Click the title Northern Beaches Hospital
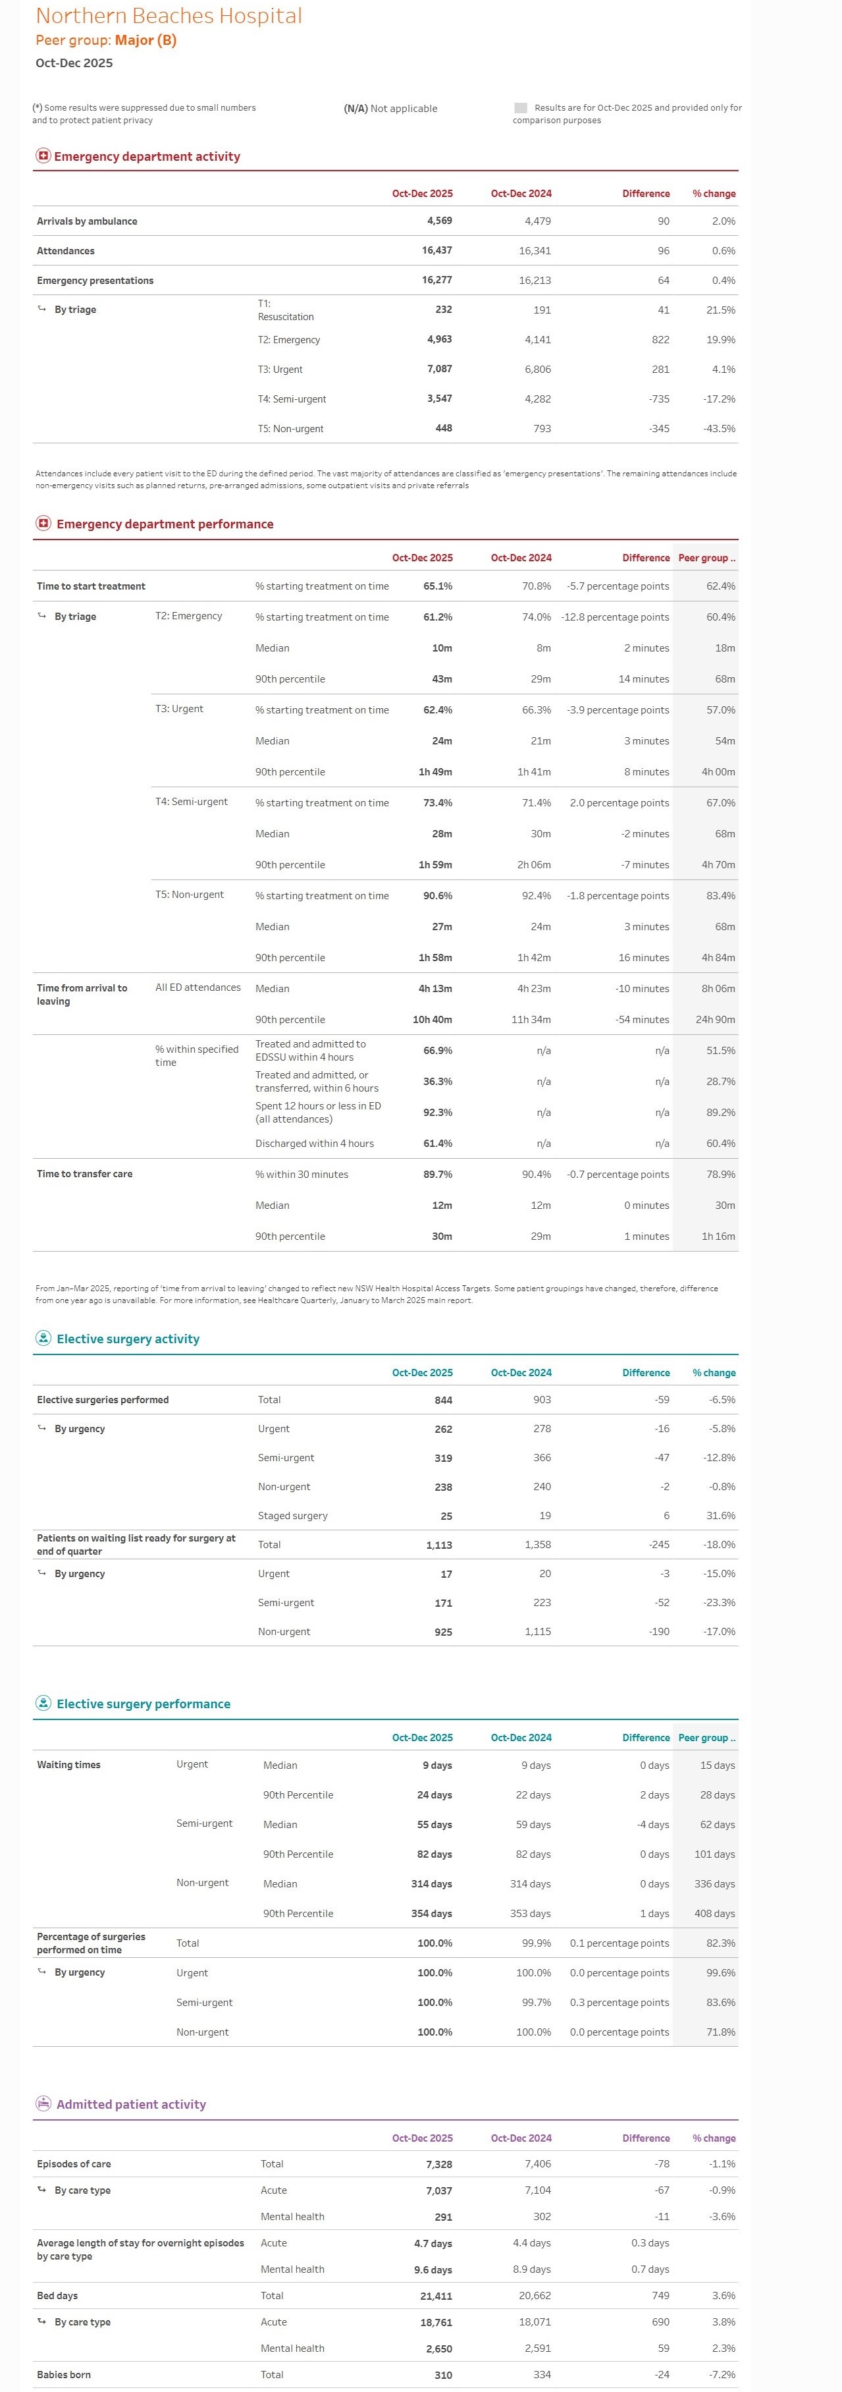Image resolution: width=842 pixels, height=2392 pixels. (x=168, y=16)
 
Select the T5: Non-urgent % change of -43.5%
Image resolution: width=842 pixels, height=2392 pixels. (x=720, y=429)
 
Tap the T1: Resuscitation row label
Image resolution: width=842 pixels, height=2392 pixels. (x=285, y=310)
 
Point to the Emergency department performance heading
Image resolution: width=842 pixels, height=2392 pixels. (x=165, y=524)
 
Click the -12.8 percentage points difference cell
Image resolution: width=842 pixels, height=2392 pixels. (x=615, y=617)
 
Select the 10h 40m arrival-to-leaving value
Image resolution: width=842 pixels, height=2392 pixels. (x=432, y=1020)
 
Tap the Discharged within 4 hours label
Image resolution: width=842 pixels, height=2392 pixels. (x=314, y=1144)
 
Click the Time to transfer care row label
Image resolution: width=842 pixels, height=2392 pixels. (x=84, y=1175)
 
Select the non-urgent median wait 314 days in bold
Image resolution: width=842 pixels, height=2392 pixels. (x=432, y=1884)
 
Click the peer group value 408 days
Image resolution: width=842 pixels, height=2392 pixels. (x=717, y=1914)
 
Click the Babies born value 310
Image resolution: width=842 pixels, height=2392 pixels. (x=443, y=2376)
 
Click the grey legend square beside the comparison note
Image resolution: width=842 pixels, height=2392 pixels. (x=520, y=108)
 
